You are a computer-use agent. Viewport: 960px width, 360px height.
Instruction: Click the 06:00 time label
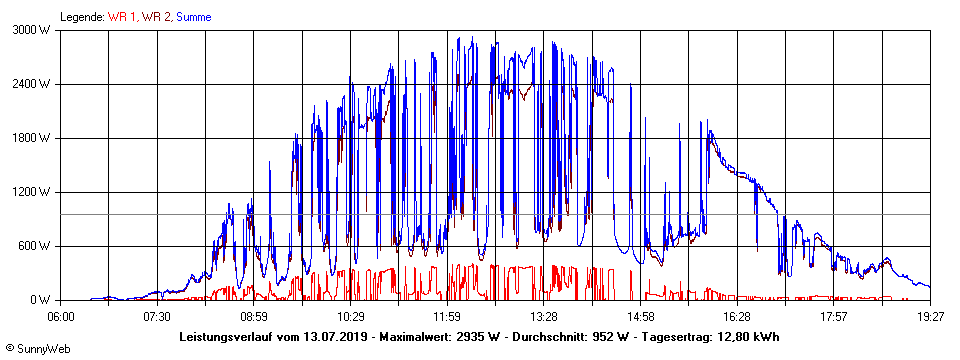(61, 316)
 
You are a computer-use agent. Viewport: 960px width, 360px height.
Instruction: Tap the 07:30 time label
(157, 316)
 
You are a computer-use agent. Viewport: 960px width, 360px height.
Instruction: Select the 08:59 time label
(254, 316)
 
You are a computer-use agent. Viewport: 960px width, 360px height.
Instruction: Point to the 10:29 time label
(351, 316)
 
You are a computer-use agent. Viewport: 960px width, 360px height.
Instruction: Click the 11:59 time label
(447, 316)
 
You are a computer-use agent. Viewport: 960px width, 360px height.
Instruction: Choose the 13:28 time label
(544, 316)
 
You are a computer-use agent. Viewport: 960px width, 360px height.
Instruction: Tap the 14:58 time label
(640, 316)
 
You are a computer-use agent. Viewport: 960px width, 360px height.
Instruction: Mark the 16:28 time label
(737, 316)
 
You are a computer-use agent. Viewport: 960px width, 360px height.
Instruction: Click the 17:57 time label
(834, 316)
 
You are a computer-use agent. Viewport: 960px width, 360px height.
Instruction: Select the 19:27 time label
(930, 316)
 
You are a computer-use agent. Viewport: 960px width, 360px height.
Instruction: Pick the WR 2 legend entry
(155, 17)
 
